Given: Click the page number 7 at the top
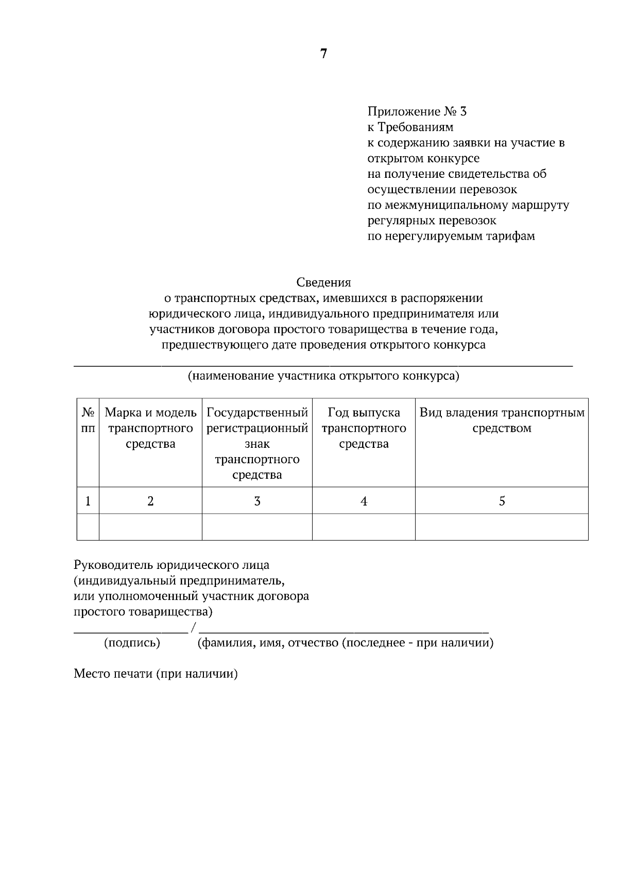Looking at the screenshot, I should pos(323,54).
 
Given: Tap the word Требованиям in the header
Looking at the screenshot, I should pos(416,127).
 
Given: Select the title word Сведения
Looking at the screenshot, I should pos(323,282).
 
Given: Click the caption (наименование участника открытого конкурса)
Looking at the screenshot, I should pos(323,376).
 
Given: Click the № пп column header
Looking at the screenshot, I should pos(88,420).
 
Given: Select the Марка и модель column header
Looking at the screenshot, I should pos(150,428).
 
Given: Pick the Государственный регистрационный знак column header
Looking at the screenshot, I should pos(257,444).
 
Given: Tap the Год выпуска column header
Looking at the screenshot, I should pos(364,428).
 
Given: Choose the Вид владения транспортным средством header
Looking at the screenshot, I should pos(502,420).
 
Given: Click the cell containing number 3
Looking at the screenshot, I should pos(257,501).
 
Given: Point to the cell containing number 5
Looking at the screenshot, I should pos(502,501).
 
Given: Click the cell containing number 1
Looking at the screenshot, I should pos(88,501).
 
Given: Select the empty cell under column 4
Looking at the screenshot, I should pos(364,527).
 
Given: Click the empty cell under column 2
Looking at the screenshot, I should pos(150,527).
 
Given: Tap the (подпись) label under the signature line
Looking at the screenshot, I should pos(132,643).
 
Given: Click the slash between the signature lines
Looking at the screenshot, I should pos(193,628).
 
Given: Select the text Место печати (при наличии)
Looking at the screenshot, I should pos(156,674).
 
